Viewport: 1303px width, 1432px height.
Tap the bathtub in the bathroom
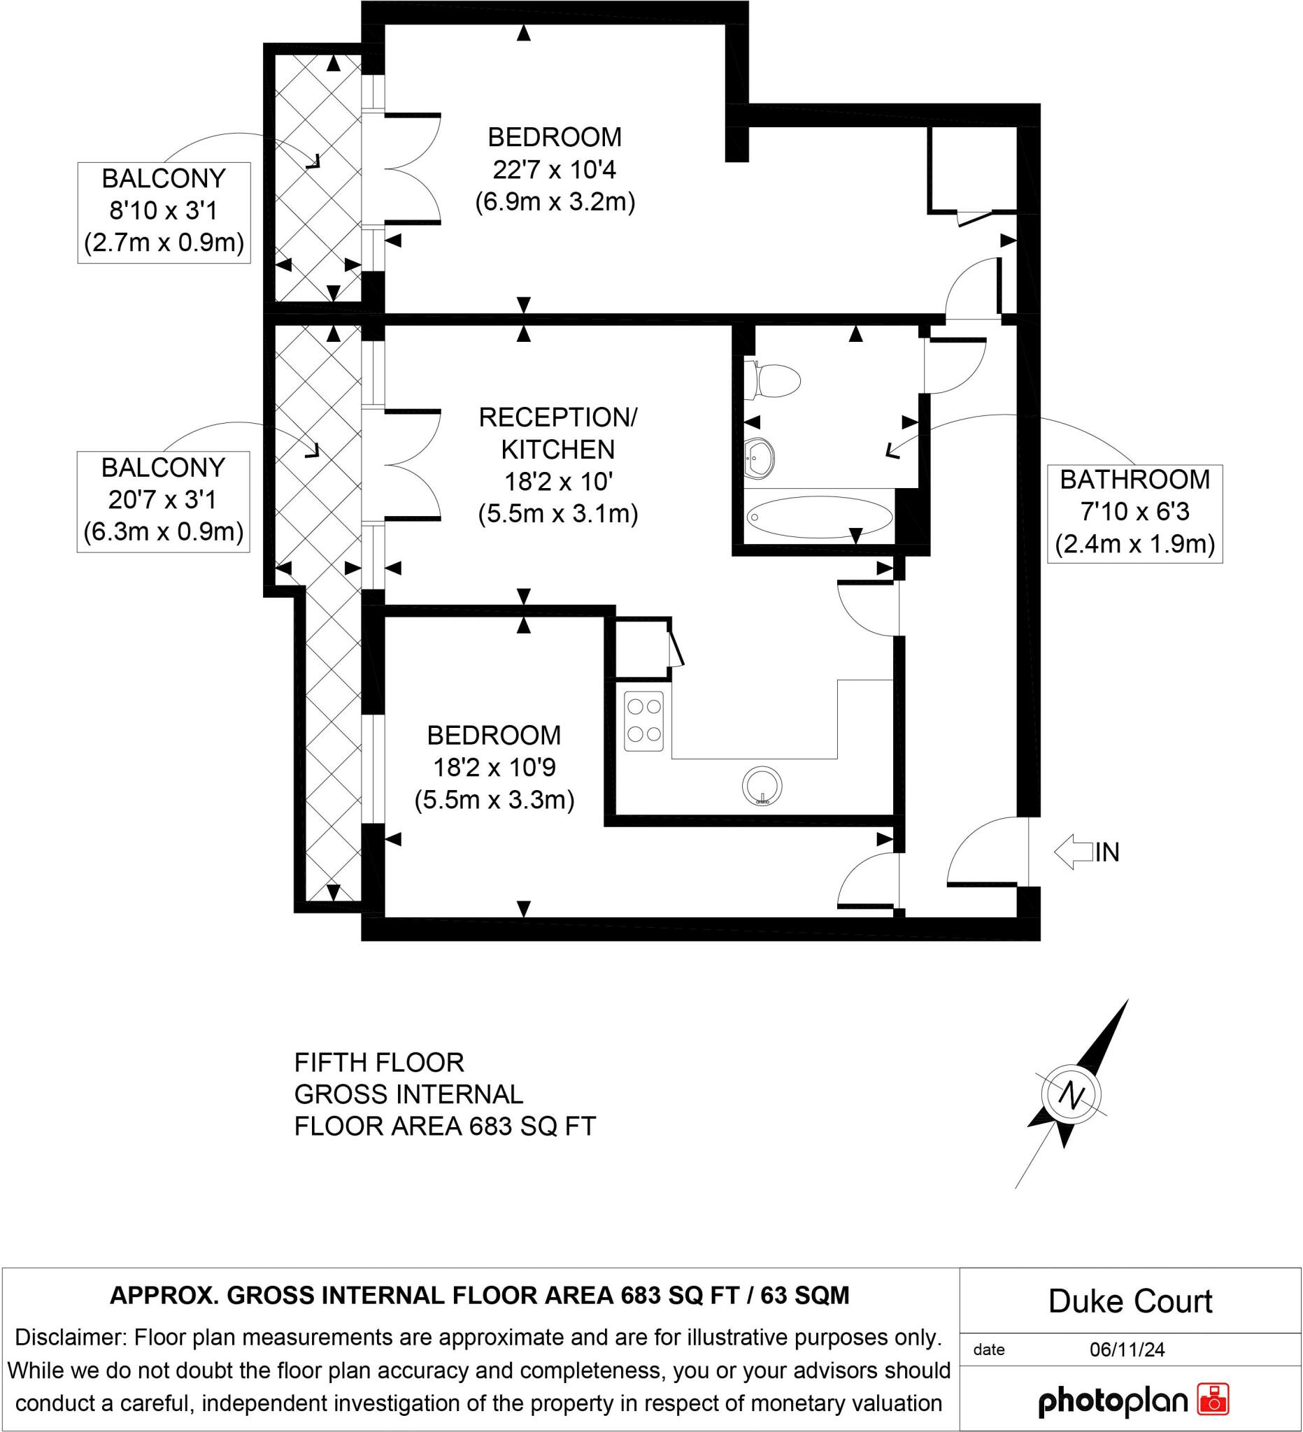819,517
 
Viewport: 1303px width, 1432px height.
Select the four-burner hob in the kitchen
643,721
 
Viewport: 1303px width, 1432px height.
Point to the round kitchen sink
762,787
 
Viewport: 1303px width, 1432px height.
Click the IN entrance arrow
1073,852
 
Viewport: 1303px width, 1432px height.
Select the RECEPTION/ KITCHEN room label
557,434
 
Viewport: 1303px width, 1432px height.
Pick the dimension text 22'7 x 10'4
554,170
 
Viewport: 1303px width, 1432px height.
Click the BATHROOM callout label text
1134,480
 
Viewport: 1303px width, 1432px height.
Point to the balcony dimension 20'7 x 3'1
163,500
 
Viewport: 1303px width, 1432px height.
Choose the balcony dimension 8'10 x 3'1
164,210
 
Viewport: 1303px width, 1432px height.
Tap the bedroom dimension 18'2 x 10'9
494,768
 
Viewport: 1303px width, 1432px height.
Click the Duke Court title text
1130,1301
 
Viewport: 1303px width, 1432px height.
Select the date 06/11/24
1127,1349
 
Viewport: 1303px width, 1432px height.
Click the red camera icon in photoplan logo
1213,1398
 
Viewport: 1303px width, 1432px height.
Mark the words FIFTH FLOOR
378,1063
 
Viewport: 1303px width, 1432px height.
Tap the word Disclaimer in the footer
71,1338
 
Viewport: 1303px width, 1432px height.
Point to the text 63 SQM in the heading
805,1296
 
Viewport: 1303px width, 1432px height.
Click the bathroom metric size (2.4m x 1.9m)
1134,544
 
